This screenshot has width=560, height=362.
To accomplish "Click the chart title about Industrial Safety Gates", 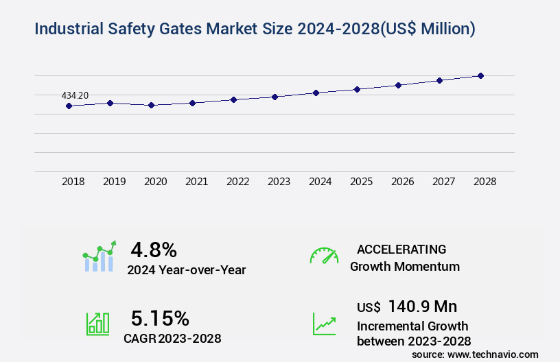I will (255, 29).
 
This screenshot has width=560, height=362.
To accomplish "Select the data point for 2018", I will (69, 106).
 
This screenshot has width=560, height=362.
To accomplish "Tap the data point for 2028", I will (480, 75).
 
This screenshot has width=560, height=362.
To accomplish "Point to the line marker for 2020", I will (151, 106).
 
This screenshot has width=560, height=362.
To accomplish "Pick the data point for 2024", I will (316, 93).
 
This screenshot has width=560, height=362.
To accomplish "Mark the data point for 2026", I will (398, 85).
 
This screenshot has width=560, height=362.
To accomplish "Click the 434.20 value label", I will (75, 95).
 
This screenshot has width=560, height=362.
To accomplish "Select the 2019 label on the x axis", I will (115, 182).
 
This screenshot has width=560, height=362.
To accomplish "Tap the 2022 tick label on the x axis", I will (238, 182).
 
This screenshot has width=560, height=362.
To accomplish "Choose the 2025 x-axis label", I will (362, 182).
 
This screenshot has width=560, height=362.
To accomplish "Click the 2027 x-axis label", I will (444, 182).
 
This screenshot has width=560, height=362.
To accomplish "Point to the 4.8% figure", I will (154, 249).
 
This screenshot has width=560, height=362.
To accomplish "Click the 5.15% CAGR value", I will (160, 318).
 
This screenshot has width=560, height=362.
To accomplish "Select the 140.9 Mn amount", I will (423, 306).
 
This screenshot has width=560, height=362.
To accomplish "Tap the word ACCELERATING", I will (401, 249).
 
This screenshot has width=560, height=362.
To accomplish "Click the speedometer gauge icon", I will (324, 255).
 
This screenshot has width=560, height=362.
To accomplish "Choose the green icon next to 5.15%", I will (97, 323).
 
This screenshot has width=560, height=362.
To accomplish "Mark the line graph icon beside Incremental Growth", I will (324, 324).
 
